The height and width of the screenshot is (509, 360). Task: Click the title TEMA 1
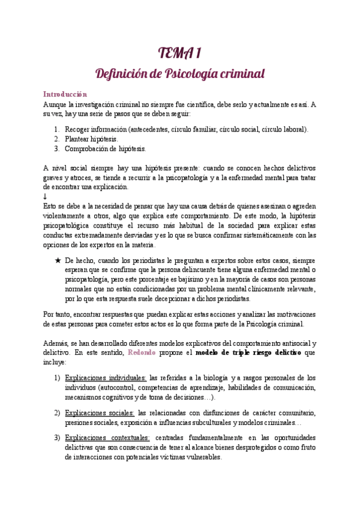click(180, 55)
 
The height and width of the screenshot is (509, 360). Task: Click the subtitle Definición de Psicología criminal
click(181, 74)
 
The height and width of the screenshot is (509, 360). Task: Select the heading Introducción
click(65, 94)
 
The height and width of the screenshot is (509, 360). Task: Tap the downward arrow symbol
click(45, 196)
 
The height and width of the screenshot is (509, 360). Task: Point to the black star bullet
click(58, 261)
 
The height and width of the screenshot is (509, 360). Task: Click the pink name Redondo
click(142, 352)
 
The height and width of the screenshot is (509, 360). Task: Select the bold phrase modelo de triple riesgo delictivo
click(250, 352)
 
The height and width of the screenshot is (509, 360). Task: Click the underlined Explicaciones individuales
click(106, 378)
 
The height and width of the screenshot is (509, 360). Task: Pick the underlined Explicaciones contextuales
click(107, 439)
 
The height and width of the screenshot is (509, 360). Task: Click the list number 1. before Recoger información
click(56, 129)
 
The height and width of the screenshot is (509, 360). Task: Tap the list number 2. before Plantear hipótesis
click(56, 139)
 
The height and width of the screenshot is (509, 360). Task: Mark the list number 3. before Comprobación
click(56, 148)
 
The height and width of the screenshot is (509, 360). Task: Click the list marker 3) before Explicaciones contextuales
click(57, 439)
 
